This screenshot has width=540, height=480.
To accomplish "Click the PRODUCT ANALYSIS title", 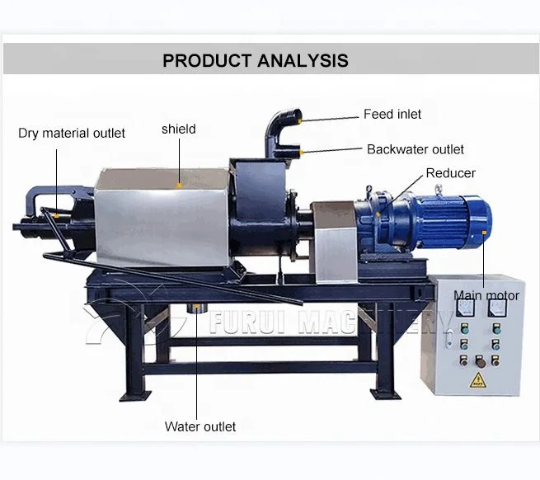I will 255,60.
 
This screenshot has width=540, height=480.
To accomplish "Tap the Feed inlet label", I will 392,114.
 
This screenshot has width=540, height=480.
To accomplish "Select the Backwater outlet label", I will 415,149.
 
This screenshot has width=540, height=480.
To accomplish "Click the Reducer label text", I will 450,173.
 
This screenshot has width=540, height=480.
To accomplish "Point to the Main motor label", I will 486,295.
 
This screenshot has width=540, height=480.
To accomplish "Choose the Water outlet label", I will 200,426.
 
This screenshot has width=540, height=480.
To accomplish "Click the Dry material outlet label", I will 72,133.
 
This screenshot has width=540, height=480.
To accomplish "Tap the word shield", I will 179,129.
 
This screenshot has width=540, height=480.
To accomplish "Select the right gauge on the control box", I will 495,310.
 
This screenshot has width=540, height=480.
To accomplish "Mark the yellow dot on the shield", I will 179,185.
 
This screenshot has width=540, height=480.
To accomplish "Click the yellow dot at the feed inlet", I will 301,121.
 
